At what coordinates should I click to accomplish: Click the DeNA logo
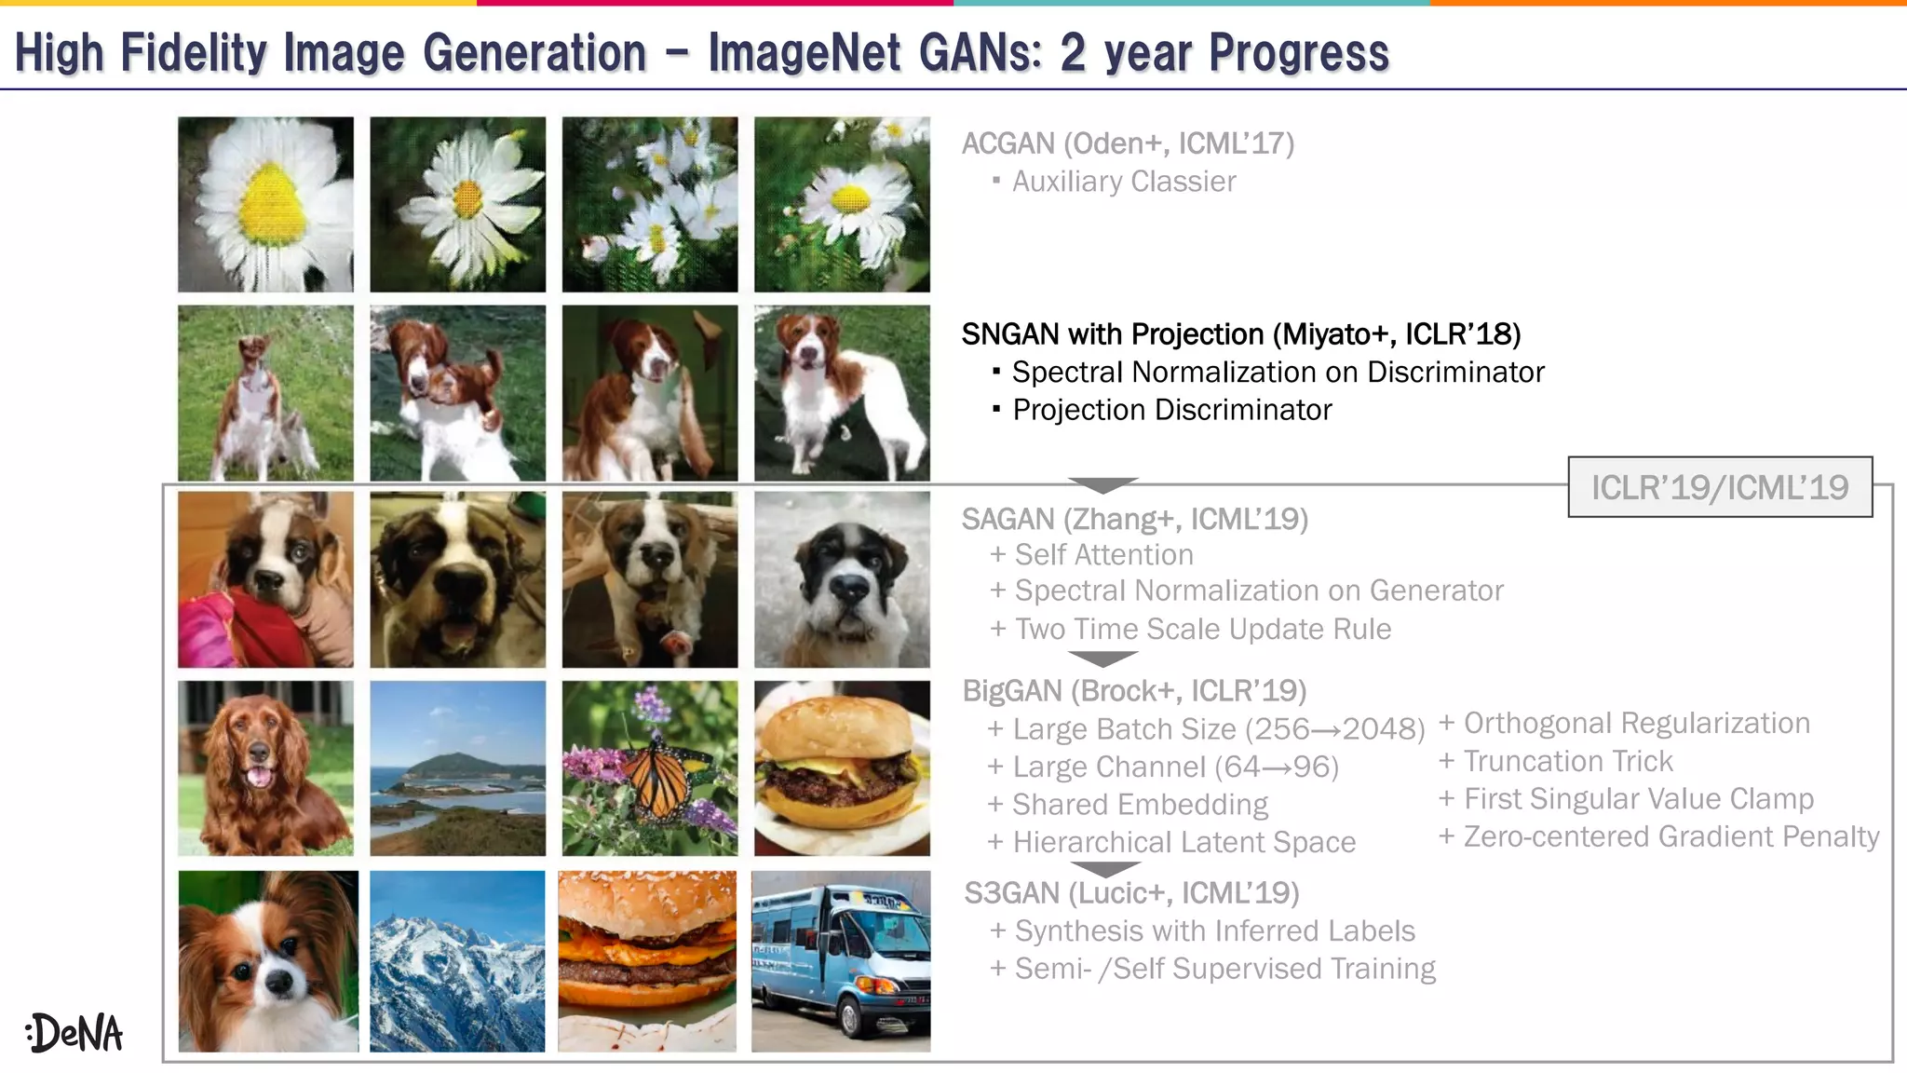pyautogui.click(x=74, y=1032)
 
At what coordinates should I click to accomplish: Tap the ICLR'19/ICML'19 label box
pyautogui.click(x=1719, y=487)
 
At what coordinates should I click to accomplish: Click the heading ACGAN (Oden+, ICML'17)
pyautogui.click(x=1127, y=143)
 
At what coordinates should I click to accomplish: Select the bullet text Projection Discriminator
pyautogui.click(x=1171, y=410)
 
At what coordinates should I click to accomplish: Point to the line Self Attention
pyautogui.click(x=1103, y=555)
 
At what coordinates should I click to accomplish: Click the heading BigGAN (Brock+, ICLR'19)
pyautogui.click(x=1133, y=691)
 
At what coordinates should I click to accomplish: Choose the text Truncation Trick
pyautogui.click(x=1568, y=761)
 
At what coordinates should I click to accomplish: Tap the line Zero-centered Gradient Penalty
pyautogui.click(x=1670, y=836)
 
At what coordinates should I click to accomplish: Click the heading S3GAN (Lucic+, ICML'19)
pyautogui.click(x=1131, y=893)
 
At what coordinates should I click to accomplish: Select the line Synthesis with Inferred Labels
pyautogui.click(x=1214, y=930)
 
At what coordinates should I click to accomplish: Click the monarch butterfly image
pyautogui.click(x=650, y=768)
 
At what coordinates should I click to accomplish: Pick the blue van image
pyautogui.click(x=841, y=961)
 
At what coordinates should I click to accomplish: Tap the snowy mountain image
pyautogui.click(x=457, y=961)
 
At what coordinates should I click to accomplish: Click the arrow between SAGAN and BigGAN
pyautogui.click(x=1102, y=659)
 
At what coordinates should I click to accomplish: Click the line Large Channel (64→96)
pyautogui.click(x=1175, y=767)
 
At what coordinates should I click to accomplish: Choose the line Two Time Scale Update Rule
pyautogui.click(x=1202, y=630)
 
